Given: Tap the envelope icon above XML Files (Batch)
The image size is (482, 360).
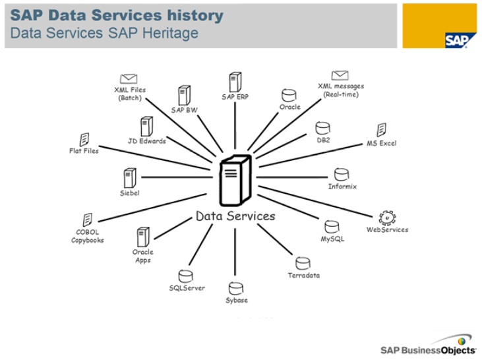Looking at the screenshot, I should point(129,78).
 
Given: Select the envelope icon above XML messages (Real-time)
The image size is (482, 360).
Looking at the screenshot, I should point(340,76).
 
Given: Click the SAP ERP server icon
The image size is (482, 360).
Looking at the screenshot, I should point(235,82).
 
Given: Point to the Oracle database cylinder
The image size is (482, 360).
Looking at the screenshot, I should point(288,95).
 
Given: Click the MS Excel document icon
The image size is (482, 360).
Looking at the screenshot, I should point(381,130).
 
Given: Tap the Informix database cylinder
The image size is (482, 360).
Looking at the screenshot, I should point(342,175).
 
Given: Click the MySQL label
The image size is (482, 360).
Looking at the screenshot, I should point(332,239).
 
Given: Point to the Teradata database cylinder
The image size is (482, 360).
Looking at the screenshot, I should point(303,263).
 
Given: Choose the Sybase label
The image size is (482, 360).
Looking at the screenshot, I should point(237,300).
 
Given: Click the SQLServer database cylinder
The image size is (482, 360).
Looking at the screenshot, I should point(186,276).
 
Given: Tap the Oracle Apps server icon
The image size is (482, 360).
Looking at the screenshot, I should point(142,237).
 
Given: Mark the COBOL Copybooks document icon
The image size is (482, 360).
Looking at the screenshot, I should point(87,220).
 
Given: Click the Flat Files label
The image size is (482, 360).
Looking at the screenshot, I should point(84,151).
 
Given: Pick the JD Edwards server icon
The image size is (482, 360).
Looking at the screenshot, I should point(146,127).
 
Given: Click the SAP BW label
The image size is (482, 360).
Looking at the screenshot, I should point(185,110).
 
